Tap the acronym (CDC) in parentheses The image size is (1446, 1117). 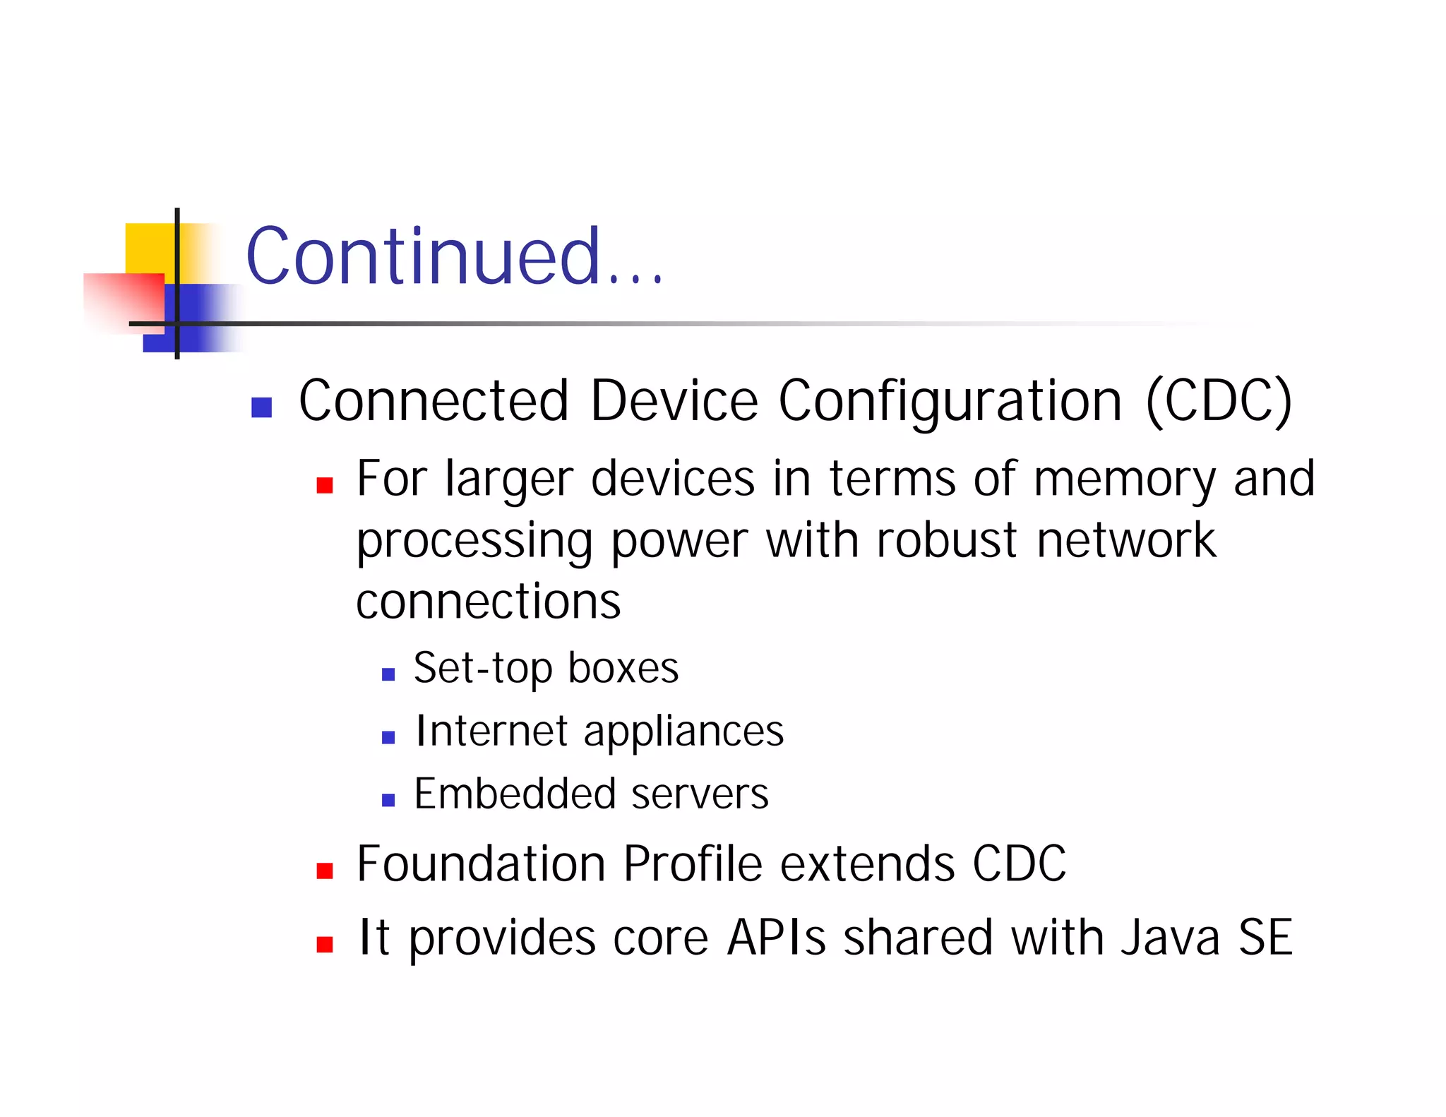click(x=1219, y=401)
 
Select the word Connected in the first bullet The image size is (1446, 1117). click(x=434, y=400)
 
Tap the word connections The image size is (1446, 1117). click(x=488, y=602)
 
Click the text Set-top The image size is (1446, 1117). click(x=482, y=669)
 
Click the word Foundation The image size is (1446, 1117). click(x=481, y=864)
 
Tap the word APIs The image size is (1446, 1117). click(x=776, y=938)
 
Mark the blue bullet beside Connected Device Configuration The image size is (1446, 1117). click(x=262, y=407)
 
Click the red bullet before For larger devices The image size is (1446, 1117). click(x=325, y=485)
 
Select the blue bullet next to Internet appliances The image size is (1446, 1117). click(x=388, y=738)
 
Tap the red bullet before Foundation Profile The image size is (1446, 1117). click(x=325, y=871)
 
